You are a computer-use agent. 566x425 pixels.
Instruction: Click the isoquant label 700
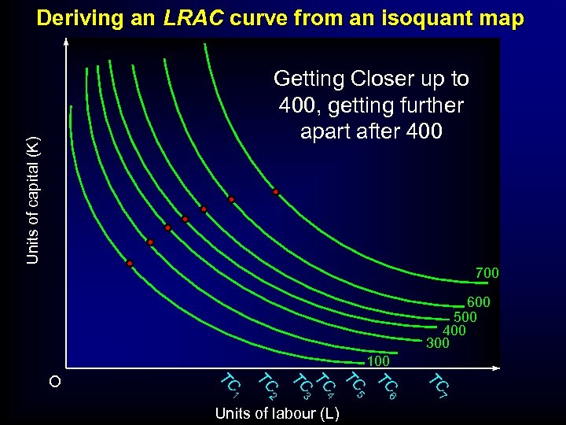(487, 273)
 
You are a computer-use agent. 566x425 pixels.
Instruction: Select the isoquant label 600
(478, 302)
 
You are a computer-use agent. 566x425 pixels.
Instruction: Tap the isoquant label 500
(465, 316)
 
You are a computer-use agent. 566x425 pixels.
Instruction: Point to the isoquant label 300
(437, 343)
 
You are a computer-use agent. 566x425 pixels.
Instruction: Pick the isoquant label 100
(378, 361)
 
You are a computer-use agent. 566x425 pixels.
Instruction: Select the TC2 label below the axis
(268, 385)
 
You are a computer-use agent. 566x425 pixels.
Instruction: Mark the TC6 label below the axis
(388, 385)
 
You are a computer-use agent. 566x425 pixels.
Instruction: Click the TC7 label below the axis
(438, 385)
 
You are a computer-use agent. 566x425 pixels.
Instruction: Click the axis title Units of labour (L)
(277, 414)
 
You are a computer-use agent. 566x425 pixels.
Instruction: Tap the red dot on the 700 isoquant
(275, 192)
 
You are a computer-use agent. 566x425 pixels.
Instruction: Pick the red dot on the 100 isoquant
(130, 264)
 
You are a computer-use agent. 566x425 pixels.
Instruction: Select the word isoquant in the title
(433, 18)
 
